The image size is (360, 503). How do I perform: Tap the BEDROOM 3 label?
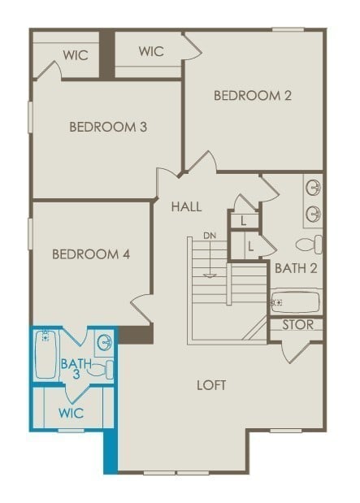(x=108, y=127)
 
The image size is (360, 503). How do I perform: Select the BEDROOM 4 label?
(x=91, y=254)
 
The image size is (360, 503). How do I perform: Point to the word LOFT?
(x=212, y=384)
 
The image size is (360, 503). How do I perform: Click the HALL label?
(x=186, y=207)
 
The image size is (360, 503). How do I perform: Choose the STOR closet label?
(x=297, y=325)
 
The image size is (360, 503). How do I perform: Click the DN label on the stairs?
(x=210, y=236)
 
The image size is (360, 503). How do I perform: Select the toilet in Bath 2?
(x=309, y=244)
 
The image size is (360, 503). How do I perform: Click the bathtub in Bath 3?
(x=46, y=354)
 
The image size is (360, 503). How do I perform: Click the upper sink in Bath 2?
(x=313, y=189)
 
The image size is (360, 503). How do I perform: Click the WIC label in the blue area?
(x=71, y=413)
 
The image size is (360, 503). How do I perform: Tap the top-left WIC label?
(x=76, y=56)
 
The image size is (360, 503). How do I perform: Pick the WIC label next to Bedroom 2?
(x=151, y=51)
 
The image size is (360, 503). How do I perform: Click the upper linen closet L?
(x=243, y=220)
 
